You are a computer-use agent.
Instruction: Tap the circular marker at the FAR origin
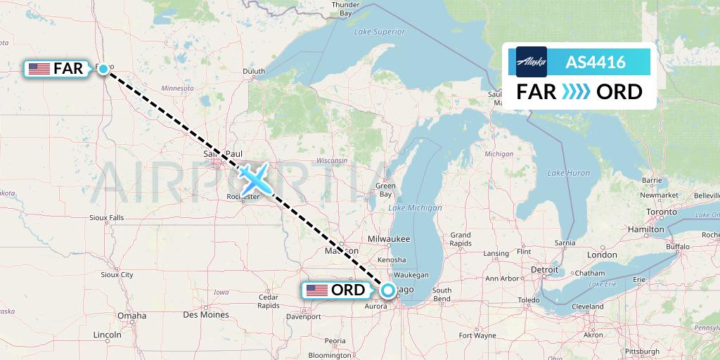103,68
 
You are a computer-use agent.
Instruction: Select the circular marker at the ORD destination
387,289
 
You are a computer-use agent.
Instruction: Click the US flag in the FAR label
39,69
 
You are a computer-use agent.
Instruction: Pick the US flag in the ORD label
316,290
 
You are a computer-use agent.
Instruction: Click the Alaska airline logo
532,62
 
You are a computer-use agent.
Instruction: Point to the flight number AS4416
596,63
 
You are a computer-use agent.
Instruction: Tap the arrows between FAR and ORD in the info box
577,92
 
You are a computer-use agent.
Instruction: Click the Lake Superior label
380,32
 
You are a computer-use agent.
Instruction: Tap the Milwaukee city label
383,239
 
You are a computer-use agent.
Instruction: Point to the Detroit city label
544,269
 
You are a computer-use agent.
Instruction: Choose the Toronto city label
660,212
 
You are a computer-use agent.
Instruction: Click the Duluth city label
254,71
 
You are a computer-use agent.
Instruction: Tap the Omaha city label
132,315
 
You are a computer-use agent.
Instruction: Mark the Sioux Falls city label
107,217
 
